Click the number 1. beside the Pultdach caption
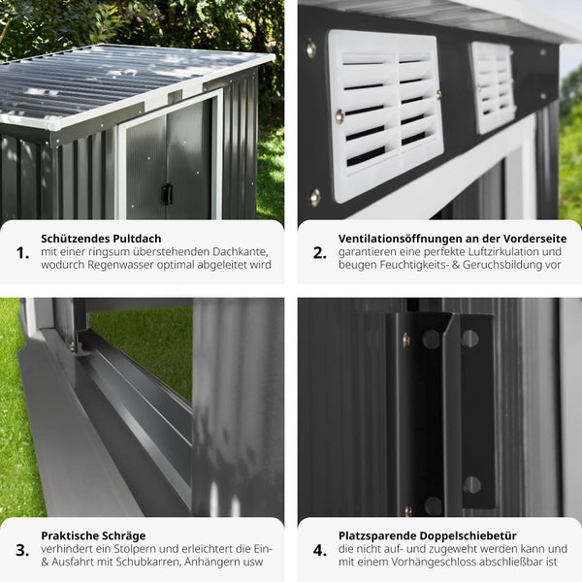click(x=22, y=253)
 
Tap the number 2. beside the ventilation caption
click(x=319, y=253)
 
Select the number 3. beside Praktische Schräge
click(x=22, y=550)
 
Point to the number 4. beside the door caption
click(x=319, y=550)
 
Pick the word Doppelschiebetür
click(x=469, y=536)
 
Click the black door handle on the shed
click(x=167, y=194)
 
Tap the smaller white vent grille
click(x=492, y=87)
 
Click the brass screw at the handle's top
click(x=406, y=339)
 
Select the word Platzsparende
click(x=377, y=536)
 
